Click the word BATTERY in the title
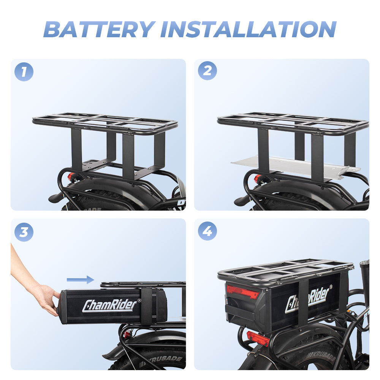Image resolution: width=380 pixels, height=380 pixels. [99, 29]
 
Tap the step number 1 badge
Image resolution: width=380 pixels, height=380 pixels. [24, 72]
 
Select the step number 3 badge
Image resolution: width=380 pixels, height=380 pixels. [24, 232]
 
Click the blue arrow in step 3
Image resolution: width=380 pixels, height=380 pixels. [80, 280]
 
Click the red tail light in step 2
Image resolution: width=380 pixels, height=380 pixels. [257, 179]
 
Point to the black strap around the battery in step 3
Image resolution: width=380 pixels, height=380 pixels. [146, 306]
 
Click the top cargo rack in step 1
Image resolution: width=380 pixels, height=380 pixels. [104, 122]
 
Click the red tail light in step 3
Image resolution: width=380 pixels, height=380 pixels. [127, 335]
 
